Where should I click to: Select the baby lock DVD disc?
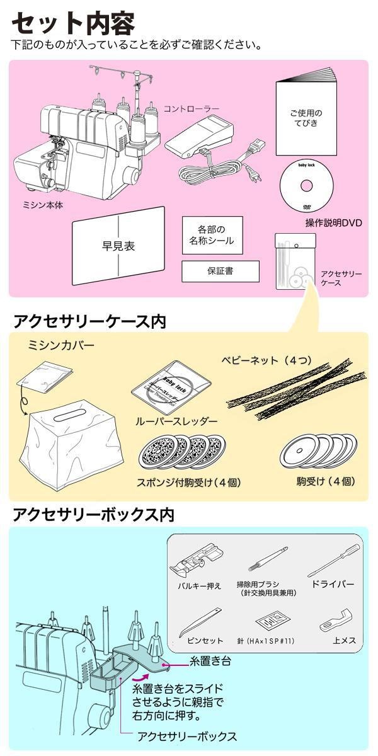pos(306,186)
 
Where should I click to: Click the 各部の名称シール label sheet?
pos(211,236)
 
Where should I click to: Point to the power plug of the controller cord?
pos(254,176)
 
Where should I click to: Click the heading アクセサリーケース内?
pos(89,321)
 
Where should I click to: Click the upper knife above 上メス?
pos(338,621)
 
